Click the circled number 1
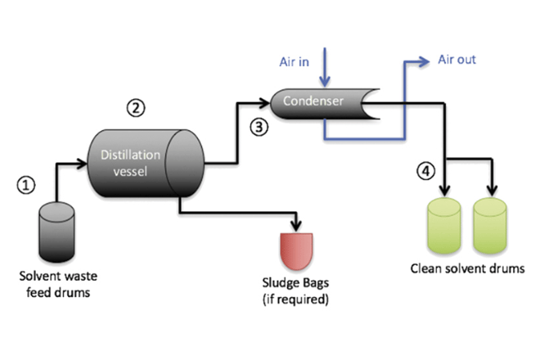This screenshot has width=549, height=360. coord(26,185)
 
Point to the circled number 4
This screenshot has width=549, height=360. coord(424,171)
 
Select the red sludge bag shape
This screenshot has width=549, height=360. coord(296,249)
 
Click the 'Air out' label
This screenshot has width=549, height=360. coord(457,60)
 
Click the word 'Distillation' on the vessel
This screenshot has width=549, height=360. coord(128,155)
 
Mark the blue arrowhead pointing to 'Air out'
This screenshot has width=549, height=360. coord(425,60)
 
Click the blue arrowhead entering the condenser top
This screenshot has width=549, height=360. coord(326,82)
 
